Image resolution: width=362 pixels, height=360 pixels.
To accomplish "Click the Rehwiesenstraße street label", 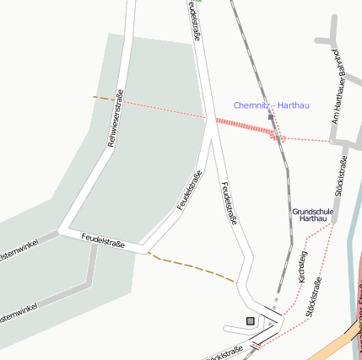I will pos(116,118).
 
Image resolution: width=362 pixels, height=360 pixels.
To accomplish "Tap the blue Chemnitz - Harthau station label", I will pos(272,105).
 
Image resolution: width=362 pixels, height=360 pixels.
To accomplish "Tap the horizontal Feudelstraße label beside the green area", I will pos(103,241).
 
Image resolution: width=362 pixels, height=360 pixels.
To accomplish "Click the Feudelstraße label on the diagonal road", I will pos(189,191).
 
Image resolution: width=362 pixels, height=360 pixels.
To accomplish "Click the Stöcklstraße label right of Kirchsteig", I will pos(316,296).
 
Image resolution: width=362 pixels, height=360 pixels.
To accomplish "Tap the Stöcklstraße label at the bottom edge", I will pos(224,352).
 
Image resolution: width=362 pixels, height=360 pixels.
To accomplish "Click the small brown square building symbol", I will pos(250,320).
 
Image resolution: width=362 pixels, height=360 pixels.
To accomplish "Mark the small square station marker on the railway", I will pos(270,117).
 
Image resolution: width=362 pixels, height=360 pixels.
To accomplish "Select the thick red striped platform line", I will pos(245,127).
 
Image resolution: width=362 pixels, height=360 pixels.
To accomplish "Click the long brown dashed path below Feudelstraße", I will pos(193,267).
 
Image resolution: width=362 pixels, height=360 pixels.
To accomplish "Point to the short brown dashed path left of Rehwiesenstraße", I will pos(103,99).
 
